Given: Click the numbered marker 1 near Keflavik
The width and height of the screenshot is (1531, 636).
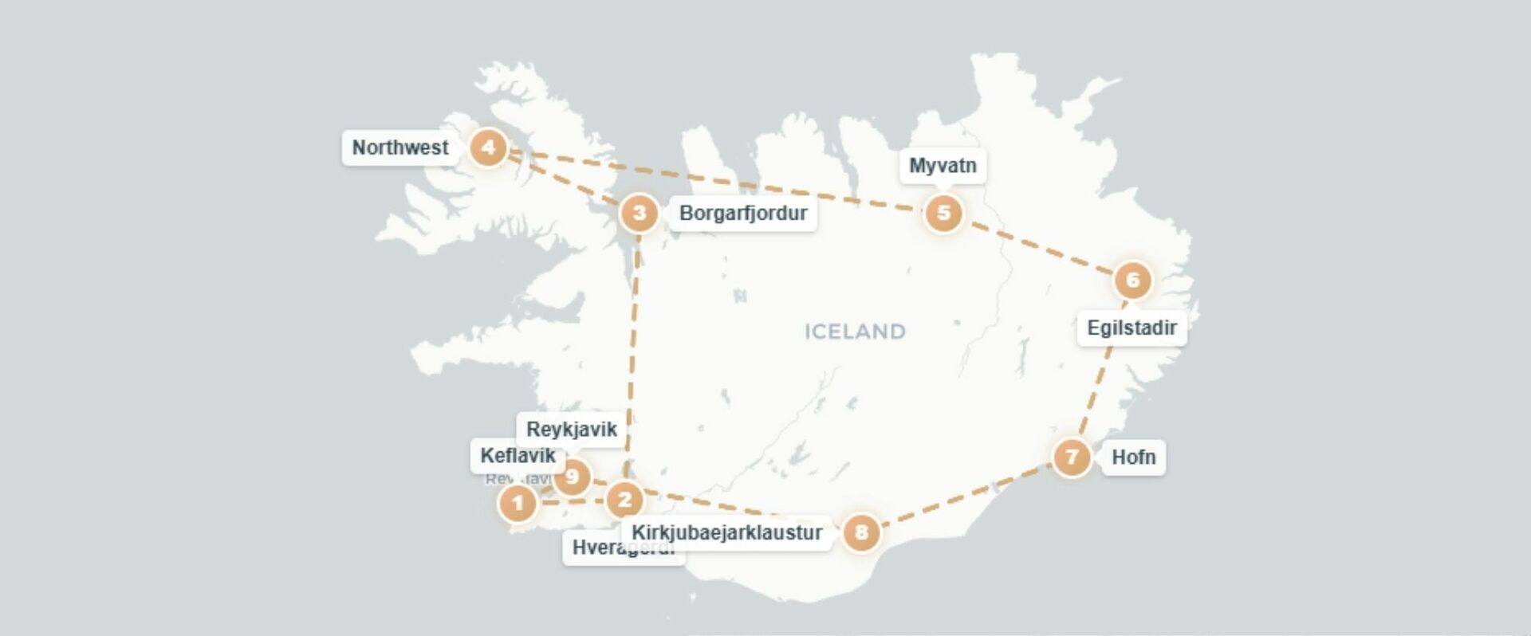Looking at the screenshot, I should pyautogui.click(x=518, y=503).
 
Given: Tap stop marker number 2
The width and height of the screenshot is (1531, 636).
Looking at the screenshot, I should pyautogui.click(x=624, y=500).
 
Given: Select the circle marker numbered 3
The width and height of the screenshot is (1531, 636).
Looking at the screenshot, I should pyautogui.click(x=639, y=213).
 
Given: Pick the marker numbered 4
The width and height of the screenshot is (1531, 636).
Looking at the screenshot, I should pyautogui.click(x=488, y=147).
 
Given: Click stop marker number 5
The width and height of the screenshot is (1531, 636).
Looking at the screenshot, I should pyautogui.click(x=943, y=213).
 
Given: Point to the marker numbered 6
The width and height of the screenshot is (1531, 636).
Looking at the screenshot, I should pyautogui.click(x=1132, y=280).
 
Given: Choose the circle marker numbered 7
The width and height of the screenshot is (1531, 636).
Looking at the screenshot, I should pyautogui.click(x=1072, y=457).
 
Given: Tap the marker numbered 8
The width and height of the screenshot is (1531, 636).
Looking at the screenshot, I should pyautogui.click(x=861, y=532).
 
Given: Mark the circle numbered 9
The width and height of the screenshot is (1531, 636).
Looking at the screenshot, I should pyautogui.click(x=572, y=477).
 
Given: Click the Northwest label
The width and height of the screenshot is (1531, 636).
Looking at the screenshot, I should pyautogui.click(x=400, y=147).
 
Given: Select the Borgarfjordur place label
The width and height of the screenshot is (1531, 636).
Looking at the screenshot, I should pyautogui.click(x=742, y=213).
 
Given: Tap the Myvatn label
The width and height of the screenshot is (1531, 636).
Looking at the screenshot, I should pyautogui.click(x=943, y=166).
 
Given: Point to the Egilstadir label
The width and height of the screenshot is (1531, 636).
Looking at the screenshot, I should pyautogui.click(x=1132, y=328).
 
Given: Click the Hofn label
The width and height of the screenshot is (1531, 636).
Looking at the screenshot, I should pyautogui.click(x=1133, y=457).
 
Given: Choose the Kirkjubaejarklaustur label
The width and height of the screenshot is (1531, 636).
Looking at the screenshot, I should pyautogui.click(x=726, y=532).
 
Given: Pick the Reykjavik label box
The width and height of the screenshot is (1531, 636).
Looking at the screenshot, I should pyautogui.click(x=572, y=429).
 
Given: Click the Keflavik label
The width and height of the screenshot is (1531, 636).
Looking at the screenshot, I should pyautogui.click(x=518, y=455).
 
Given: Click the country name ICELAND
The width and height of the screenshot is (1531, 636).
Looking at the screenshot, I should pyautogui.click(x=855, y=331).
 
